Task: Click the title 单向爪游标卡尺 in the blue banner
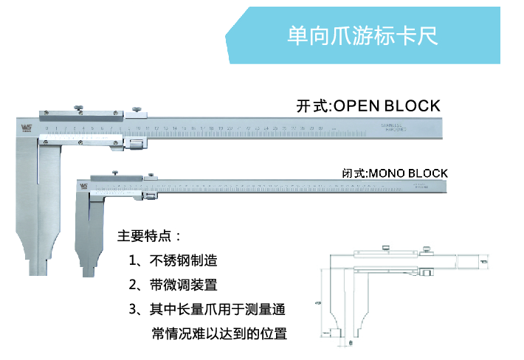[x=362, y=36]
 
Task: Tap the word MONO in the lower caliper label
[x=389, y=173]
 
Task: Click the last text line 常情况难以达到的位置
[x=218, y=333]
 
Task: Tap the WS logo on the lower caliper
[x=81, y=186]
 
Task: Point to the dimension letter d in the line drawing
[x=483, y=261]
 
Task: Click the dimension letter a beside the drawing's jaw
[x=318, y=302]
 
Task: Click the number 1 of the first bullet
[x=133, y=261]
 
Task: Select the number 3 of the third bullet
[x=133, y=309]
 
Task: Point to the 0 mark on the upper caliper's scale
[x=46, y=128]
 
